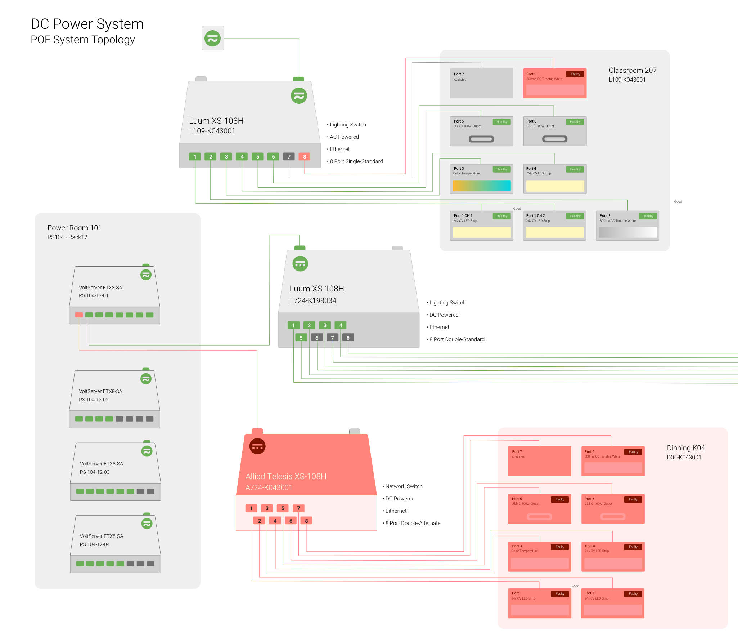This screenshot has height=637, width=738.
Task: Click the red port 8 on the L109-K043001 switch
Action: pyautogui.click(x=304, y=157)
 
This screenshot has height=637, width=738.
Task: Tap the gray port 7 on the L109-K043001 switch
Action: pyautogui.click(x=289, y=157)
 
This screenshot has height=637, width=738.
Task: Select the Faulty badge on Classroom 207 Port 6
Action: pyautogui.click(x=575, y=74)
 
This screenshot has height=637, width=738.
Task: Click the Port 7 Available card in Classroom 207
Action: pyautogui.click(x=481, y=83)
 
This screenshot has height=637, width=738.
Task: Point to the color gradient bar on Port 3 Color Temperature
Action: pyautogui.click(x=482, y=186)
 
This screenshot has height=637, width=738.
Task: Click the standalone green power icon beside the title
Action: pyautogui.click(x=213, y=38)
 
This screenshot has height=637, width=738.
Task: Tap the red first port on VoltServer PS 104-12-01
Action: pyautogui.click(x=79, y=315)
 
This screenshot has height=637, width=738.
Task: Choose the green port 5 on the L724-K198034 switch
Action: pyautogui.click(x=301, y=338)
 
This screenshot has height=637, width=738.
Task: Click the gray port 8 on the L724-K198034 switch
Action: pyautogui.click(x=348, y=338)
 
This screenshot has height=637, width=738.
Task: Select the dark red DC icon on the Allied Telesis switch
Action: pyautogui.click(x=257, y=446)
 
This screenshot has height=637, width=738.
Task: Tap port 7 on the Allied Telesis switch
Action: pyautogui.click(x=298, y=508)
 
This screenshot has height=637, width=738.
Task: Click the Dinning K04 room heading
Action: pyautogui.click(x=685, y=448)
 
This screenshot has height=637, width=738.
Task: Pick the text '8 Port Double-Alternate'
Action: pyautogui.click(x=413, y=523)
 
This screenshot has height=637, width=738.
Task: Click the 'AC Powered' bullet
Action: pyautogui.click(x=344, y=137)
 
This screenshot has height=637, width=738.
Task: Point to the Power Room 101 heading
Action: pyautogui.click(x=75, y=228)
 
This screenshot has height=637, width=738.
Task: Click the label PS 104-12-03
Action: pyautogui.click(x=95, y=472)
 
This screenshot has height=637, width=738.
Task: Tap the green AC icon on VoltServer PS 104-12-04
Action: pyautogui.click(x=147, y=524)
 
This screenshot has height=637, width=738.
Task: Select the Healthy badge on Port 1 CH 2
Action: pyautogui.click(x=575, y=216)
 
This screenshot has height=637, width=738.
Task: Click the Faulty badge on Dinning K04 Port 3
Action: pyautogui.click(x=560, y=547)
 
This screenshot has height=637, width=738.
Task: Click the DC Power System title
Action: pyautogui.click(x=87, y=24)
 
